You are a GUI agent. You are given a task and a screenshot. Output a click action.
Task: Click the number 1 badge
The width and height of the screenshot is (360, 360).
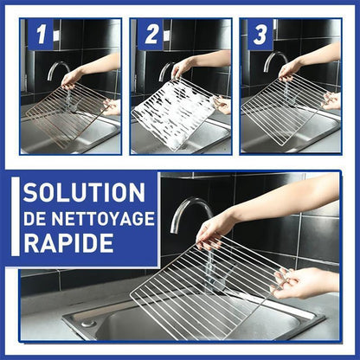[x=41, y=35]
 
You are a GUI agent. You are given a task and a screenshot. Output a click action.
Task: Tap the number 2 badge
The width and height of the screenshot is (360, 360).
[x=151, y=35]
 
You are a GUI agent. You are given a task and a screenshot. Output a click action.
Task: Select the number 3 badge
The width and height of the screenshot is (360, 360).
[x=260, y=35]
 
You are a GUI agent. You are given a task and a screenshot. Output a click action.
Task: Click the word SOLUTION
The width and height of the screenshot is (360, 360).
[x=84, y=192]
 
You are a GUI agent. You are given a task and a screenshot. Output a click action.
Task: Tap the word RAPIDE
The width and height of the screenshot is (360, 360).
[x=68, y=243]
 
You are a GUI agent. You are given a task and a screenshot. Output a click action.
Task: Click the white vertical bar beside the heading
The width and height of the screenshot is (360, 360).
[x=16, y=216]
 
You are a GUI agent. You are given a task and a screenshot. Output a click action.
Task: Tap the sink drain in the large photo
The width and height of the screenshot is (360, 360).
[x=88, y=323]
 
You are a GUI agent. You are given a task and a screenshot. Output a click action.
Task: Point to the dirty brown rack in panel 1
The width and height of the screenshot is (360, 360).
[x=68, y=115]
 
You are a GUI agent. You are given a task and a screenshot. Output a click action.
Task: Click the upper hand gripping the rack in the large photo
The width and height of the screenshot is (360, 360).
[x=215, y=231]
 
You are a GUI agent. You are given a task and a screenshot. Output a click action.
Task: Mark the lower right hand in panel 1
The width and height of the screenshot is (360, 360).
[x=112, y=106]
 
